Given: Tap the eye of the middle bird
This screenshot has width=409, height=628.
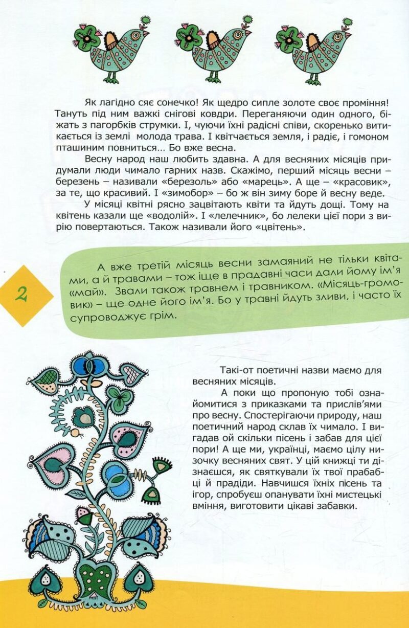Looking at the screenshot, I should click(x=236, y=35).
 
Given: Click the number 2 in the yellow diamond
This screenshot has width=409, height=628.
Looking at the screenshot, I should click(x=22, y=295).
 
